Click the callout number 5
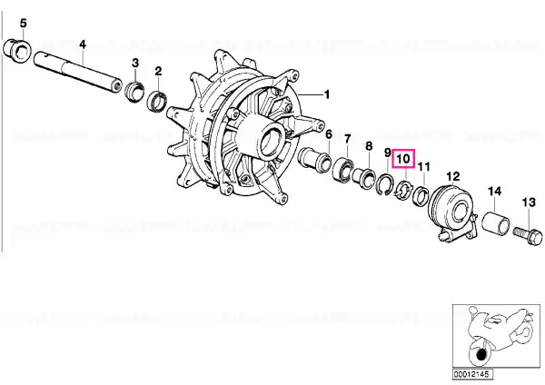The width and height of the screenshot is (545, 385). point(23,24)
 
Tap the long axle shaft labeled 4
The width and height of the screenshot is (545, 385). point(78,73)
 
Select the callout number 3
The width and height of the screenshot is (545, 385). point(135,63)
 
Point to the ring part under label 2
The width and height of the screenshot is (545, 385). point(157,101)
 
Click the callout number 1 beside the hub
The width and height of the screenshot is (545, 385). point(326,94)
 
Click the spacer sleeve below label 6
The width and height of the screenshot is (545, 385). point(314,160)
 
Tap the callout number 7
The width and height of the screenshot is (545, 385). point(348,139)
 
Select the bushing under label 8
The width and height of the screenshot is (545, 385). point(364,176)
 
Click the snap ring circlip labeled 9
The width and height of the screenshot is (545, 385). point(386,186)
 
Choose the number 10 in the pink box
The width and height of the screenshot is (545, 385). point(403,159)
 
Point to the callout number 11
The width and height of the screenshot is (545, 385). point(423,167)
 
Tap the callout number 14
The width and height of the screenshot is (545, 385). point(495,191)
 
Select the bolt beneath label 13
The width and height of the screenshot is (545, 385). point(528,235)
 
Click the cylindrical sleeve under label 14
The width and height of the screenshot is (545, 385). point(496,222)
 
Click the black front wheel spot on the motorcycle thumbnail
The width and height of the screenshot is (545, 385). point(481,354)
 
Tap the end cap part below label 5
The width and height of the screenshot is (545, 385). point(17,51)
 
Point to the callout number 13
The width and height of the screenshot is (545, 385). point(529,202)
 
